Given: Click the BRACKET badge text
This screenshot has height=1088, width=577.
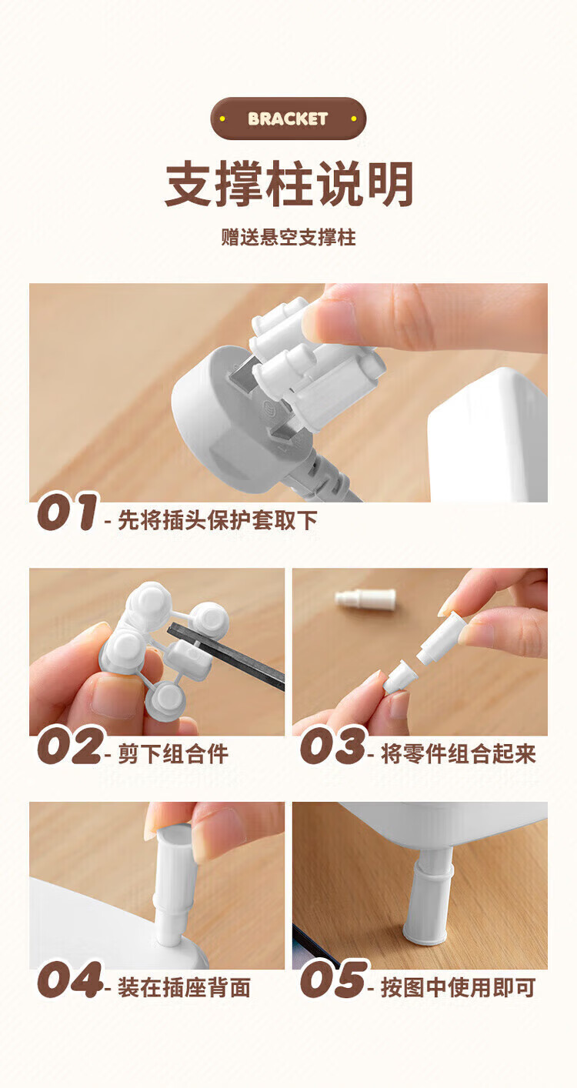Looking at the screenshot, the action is (288, 118).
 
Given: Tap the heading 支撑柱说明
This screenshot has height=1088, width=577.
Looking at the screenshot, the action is (289, 185).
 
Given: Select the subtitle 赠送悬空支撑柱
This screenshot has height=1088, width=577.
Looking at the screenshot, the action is (288, 238).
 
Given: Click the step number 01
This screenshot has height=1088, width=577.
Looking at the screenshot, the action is (68, 512).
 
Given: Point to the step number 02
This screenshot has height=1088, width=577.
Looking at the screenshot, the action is (70, 746).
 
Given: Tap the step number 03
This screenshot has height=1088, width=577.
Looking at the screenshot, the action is (332, 746).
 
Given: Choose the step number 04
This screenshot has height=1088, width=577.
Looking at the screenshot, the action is (69, 980).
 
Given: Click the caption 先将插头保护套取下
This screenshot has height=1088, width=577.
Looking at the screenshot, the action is (218, 520).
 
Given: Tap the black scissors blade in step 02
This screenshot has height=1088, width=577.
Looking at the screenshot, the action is (226, 656).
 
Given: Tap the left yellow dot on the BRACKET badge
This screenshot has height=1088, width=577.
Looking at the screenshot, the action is (222, 118).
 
